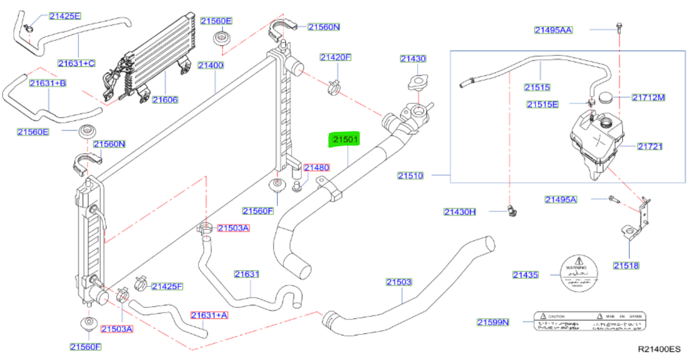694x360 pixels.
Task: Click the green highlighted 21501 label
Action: coord(344,140)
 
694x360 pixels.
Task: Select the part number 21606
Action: coord(165,100)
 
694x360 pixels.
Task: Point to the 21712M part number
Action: coord(648,97)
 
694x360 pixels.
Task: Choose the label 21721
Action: coord(650,146)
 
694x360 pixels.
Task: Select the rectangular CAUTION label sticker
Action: coord(589,321)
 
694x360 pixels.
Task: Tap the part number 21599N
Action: coord(492,322)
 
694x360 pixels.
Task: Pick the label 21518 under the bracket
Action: coord(626,265)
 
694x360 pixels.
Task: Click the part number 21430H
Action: coord(459,212)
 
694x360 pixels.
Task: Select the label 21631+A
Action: coord(209,315)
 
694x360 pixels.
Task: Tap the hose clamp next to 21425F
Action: coord(141,283)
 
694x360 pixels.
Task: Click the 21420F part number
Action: coord(336,57)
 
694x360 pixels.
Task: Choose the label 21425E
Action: coord(65,16)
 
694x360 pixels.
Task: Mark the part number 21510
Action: coord(411,175)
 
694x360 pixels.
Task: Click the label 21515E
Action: coord(542,104)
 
